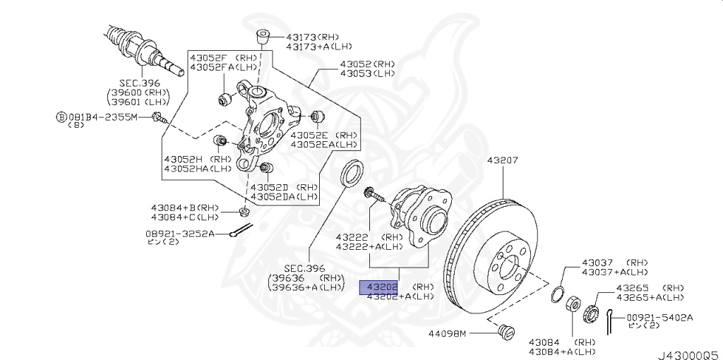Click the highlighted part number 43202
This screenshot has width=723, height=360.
[379, 287]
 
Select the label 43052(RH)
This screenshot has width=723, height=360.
[367, 64]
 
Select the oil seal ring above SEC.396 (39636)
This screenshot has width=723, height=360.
[352, 174]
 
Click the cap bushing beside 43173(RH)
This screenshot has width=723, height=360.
[263, 36]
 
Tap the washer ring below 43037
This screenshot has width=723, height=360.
[556, 293]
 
